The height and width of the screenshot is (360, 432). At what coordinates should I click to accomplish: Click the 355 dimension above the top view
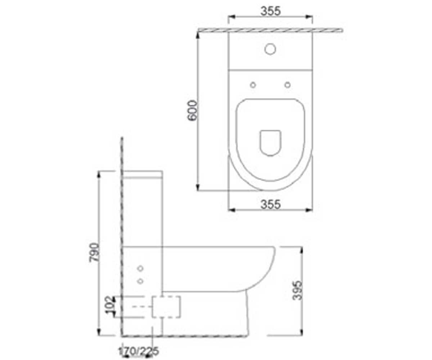(270, 11)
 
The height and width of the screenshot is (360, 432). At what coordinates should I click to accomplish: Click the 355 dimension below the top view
(270, 204)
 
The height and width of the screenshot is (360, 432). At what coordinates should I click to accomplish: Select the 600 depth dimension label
(192, 110)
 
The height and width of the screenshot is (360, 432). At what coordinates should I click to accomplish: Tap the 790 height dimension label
(94, 252)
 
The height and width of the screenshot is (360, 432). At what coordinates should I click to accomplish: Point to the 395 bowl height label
(297, 290)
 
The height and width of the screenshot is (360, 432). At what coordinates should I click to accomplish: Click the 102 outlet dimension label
(110, 305)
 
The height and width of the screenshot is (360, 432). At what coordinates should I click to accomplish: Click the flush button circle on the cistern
(270, 49)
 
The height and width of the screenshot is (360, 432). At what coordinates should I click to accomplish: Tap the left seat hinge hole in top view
(253, 85)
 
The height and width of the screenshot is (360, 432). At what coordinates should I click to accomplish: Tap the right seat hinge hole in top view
(288, 85)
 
